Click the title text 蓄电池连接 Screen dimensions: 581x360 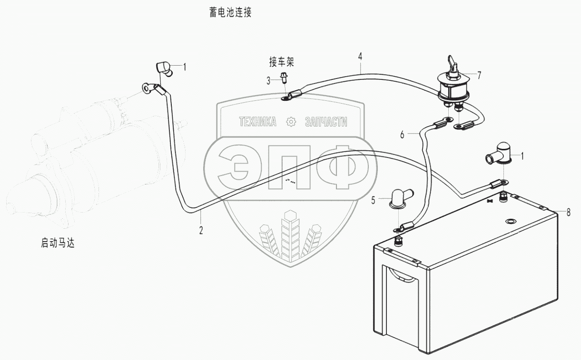pos(230,13)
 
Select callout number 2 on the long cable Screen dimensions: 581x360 pos(201,230)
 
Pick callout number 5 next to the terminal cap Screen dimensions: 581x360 pos(374,201)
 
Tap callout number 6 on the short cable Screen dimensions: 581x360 pos(402,135)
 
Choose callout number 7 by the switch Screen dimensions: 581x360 pos(479,75)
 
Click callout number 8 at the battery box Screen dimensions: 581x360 pos(568,213)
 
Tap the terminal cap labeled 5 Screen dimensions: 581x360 pos(397,199)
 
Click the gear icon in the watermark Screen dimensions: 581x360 pos(290,122)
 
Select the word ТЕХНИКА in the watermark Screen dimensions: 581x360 pos(257,122)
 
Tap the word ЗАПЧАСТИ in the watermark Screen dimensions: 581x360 pos(325,122)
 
